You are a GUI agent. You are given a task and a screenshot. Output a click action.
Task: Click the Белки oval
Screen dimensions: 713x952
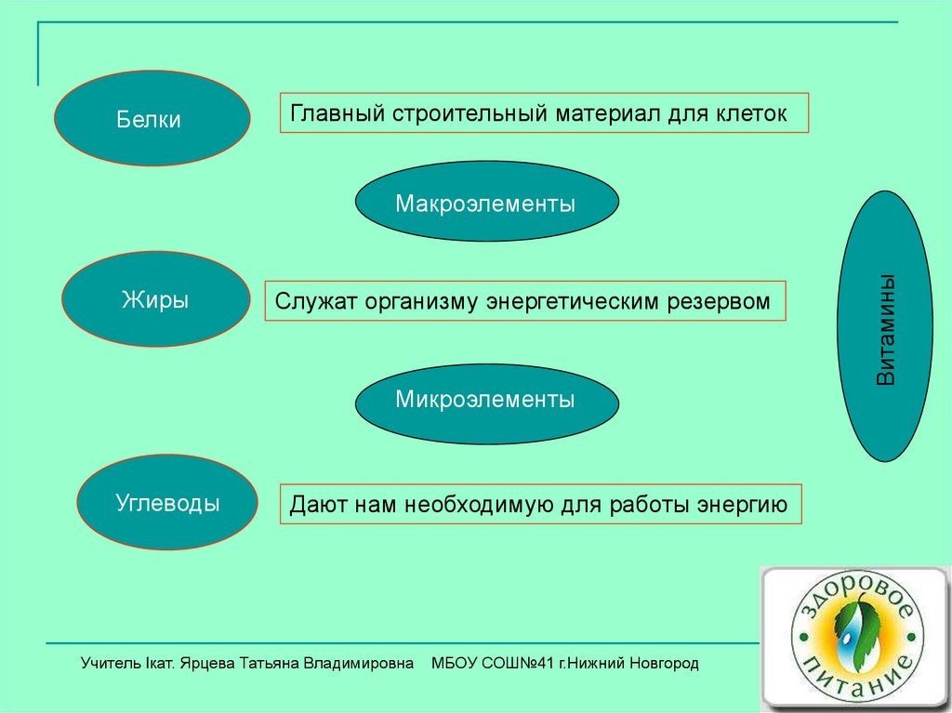click(x=152, y=118)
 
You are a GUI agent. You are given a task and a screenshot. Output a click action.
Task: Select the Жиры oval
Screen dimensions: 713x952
click(x=155, y=299)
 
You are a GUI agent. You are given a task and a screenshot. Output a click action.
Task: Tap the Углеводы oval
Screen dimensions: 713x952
click(x=167, y=503)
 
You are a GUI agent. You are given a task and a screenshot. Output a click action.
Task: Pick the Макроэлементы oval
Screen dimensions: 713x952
click(x=485, y=202)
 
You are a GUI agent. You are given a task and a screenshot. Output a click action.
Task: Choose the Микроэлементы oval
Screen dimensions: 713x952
click(x=485, y=401)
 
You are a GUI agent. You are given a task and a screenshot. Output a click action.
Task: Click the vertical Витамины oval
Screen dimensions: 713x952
click(x=887, y=326)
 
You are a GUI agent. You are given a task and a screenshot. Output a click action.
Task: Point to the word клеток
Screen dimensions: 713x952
click(x=751, y=114)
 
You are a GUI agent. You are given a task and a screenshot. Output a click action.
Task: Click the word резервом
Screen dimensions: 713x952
click(x=719, y=302)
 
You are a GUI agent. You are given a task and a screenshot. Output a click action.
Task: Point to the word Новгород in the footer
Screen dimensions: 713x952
click(x=663, y=663)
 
